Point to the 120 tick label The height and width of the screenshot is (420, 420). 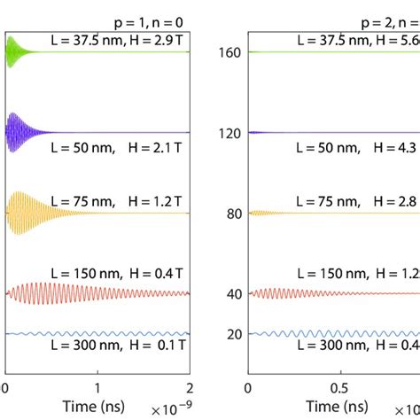(229, 132)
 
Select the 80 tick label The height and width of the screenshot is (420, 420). (232, 213)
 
